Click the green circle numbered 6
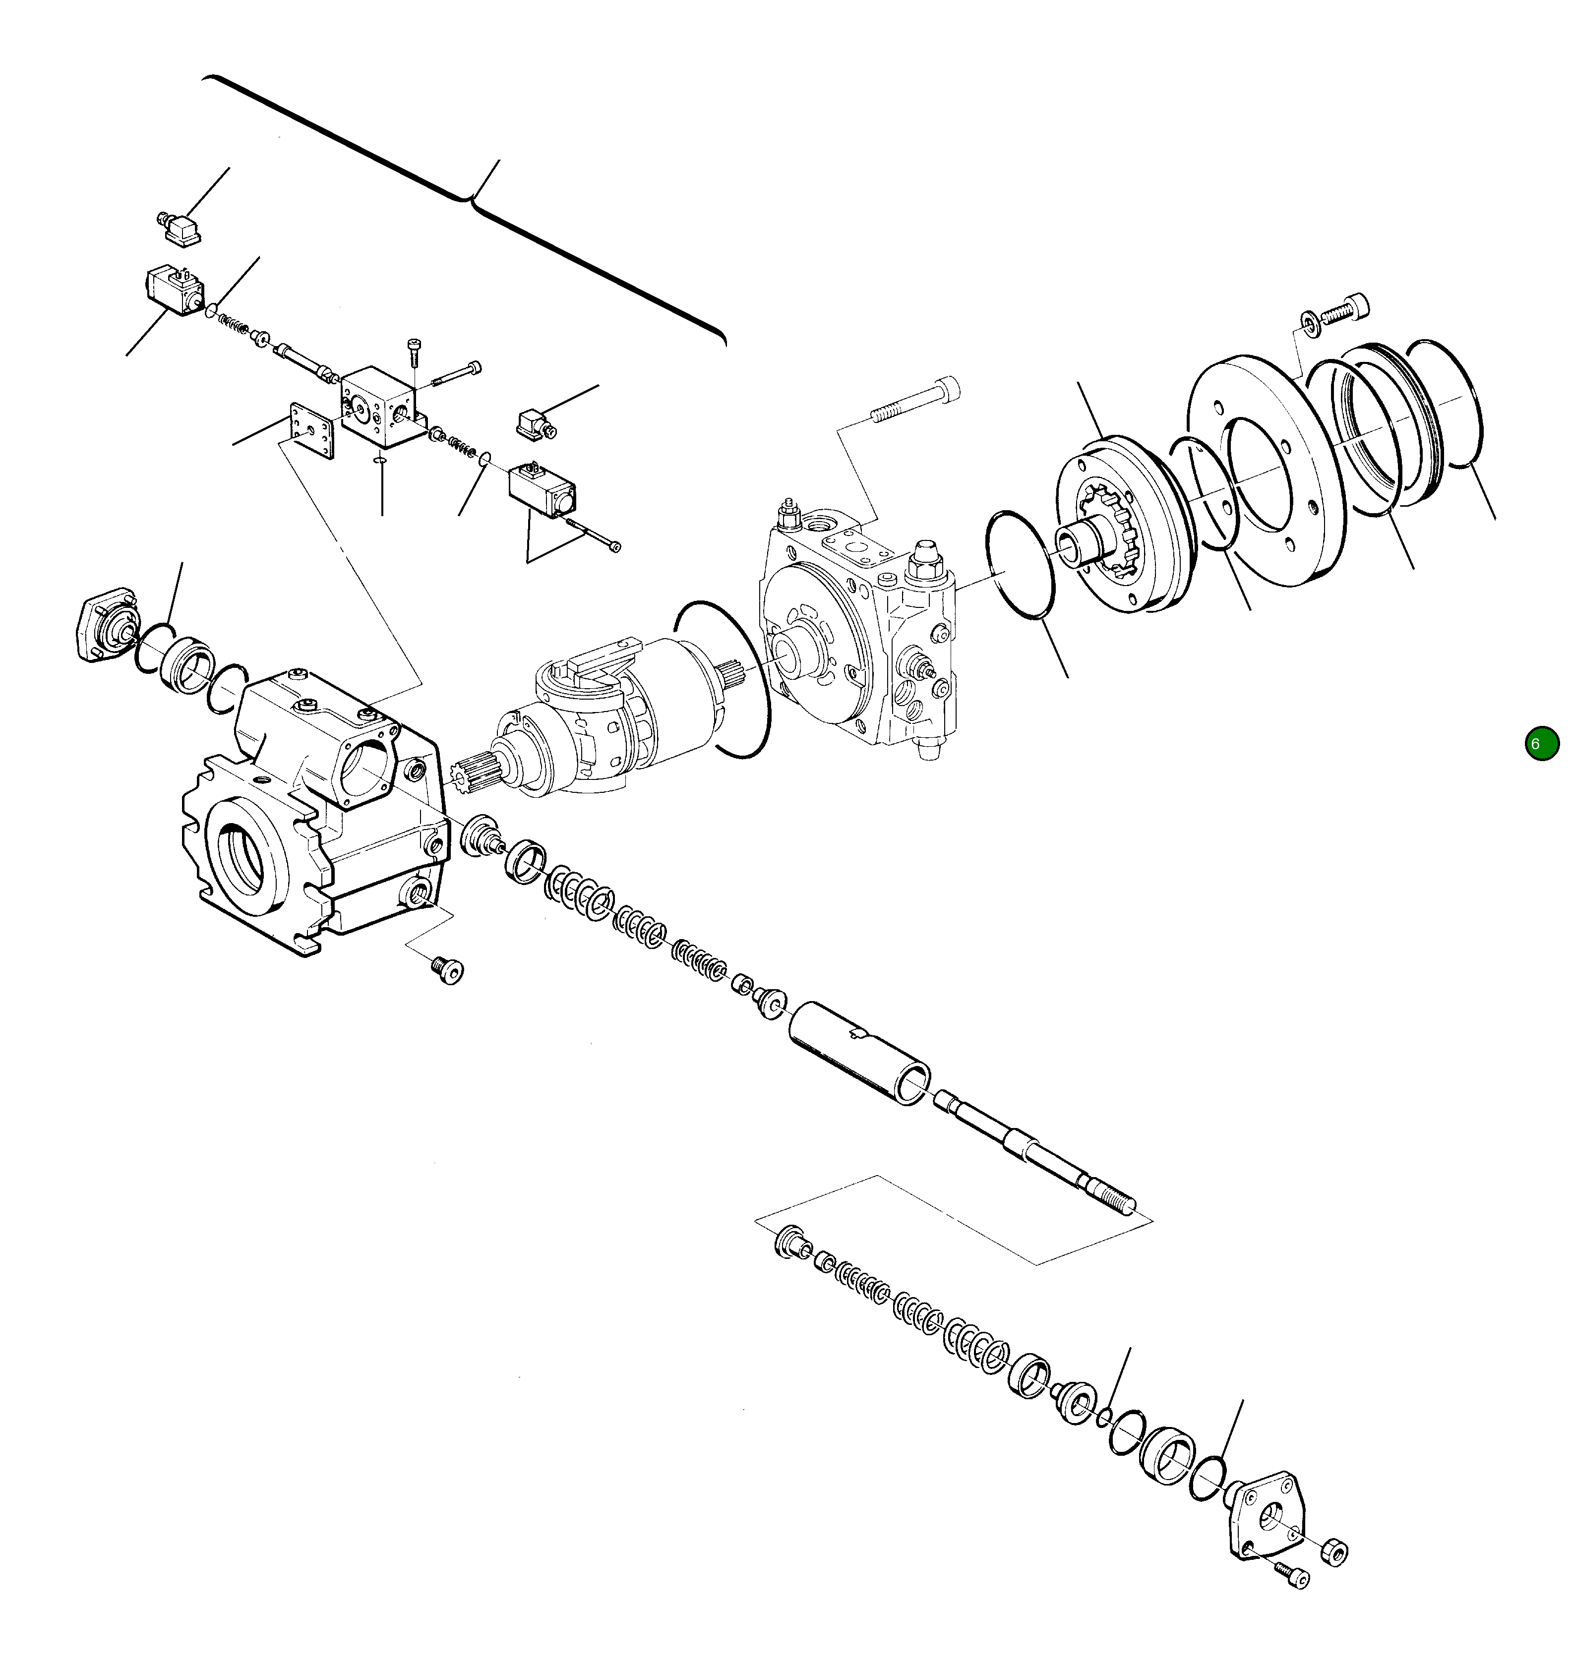click(x=1542, y=744)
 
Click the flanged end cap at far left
click(x=106, y=626)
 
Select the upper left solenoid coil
click(x=174, y=290)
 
